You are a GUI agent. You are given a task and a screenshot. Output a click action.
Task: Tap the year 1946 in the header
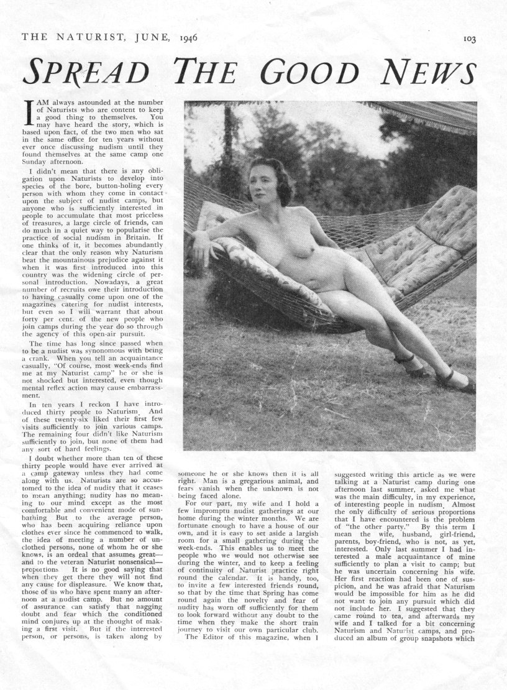[x=185, y=38]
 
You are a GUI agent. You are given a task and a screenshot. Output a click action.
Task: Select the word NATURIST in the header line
[x=96, y=38]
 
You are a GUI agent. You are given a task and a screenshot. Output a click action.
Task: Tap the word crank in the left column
[x=33, y=359]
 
